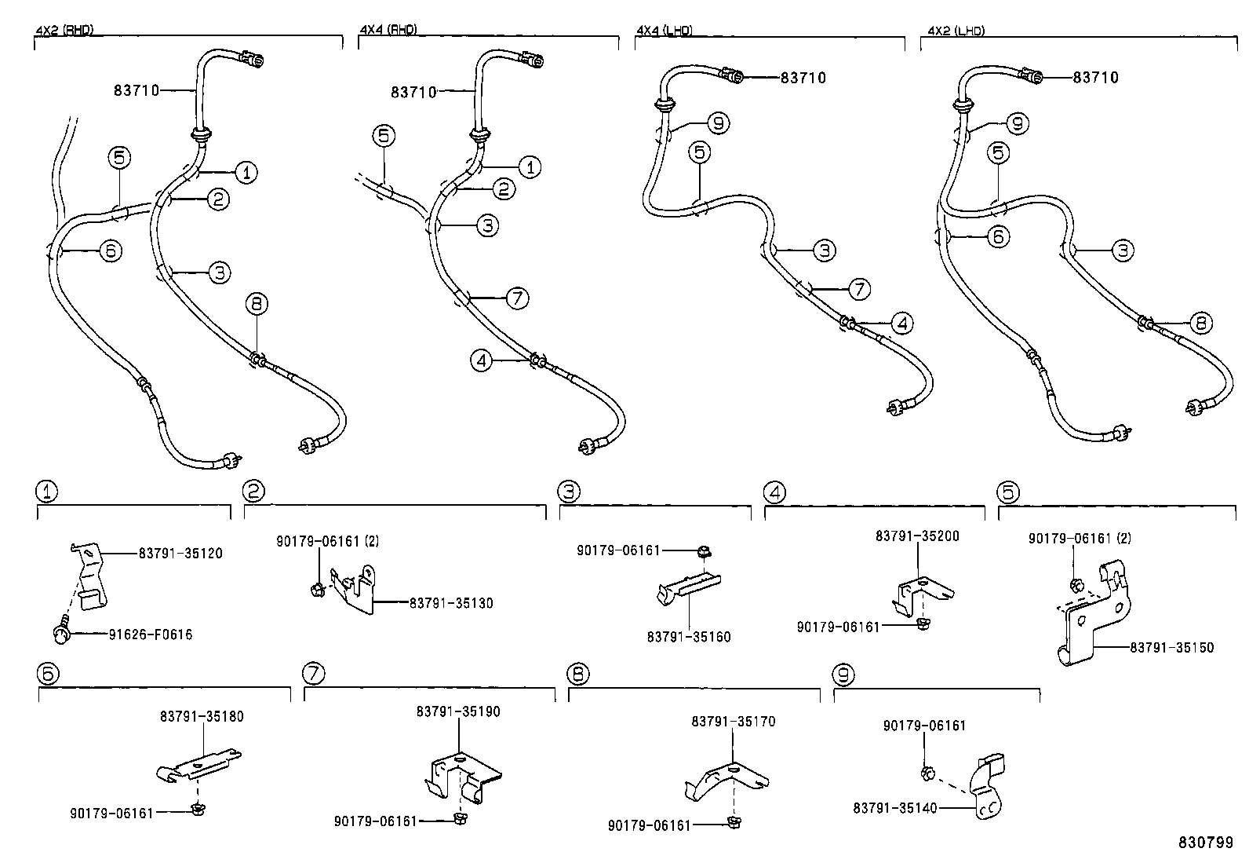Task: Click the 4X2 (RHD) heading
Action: click(64, 30)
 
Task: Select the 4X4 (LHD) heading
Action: click(664, 30)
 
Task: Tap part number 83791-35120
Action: click(180, 553)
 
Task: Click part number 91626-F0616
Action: click(151, 634)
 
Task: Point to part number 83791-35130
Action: click(451, 603)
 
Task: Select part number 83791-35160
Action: click(689, 637)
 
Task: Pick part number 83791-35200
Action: click(917, 536)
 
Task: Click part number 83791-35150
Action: click(1171, 648)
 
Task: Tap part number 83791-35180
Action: click(202, 717)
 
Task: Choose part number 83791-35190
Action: click(457, 711)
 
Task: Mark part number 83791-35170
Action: click(734, 722)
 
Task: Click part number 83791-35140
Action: click(895, 808)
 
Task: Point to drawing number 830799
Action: click(1206, 843)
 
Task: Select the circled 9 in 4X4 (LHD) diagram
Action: click(718, 123)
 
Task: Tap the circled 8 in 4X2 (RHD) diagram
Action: click(257, 304)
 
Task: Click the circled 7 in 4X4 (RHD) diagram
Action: click(518, 298)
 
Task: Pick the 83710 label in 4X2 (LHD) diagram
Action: click(1096, 78)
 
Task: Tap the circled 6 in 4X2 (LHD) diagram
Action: click(998, 236)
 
